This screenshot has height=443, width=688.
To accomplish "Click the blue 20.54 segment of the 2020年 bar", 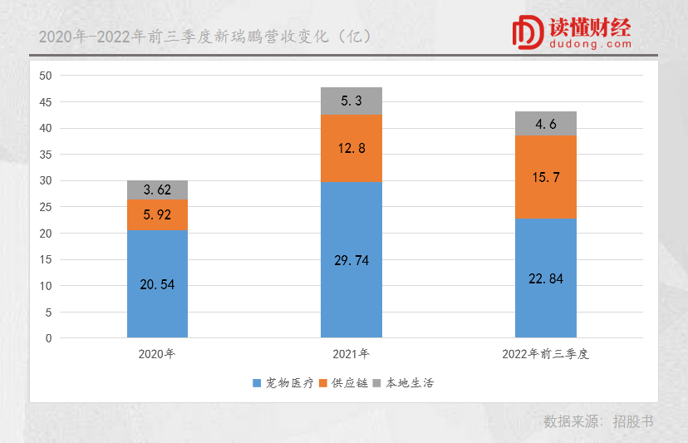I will [x=157, y=284].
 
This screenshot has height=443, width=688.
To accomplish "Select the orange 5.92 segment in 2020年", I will [x=157, y=215].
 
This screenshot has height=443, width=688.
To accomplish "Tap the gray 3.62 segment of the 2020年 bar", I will [x=157, y=190].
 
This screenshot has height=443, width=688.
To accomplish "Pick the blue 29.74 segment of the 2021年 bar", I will [x=351, y=260].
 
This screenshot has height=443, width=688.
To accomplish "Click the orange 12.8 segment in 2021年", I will [x=351, y=149].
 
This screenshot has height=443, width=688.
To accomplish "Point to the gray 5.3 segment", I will [x=351, y=101].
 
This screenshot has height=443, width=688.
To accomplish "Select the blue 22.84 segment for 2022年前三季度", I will [x=546, y=278].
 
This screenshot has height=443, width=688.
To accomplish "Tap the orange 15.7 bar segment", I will [x=546, y=177].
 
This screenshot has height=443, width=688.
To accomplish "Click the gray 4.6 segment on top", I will [x=546, y=124].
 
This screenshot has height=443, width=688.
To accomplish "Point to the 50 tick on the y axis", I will [x=45, y=76].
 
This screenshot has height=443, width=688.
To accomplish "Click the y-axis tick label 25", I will [x=45, y=207].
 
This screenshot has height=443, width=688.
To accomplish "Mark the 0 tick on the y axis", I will [x=48, y=338].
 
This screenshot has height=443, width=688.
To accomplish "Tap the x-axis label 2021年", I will [x=351, y=354].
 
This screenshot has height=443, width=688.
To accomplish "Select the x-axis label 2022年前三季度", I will [x=546, y=354].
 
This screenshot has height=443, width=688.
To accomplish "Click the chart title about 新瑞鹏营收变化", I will [x=204, y=37].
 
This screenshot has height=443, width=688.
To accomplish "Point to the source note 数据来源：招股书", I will [x=598, y=421].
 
